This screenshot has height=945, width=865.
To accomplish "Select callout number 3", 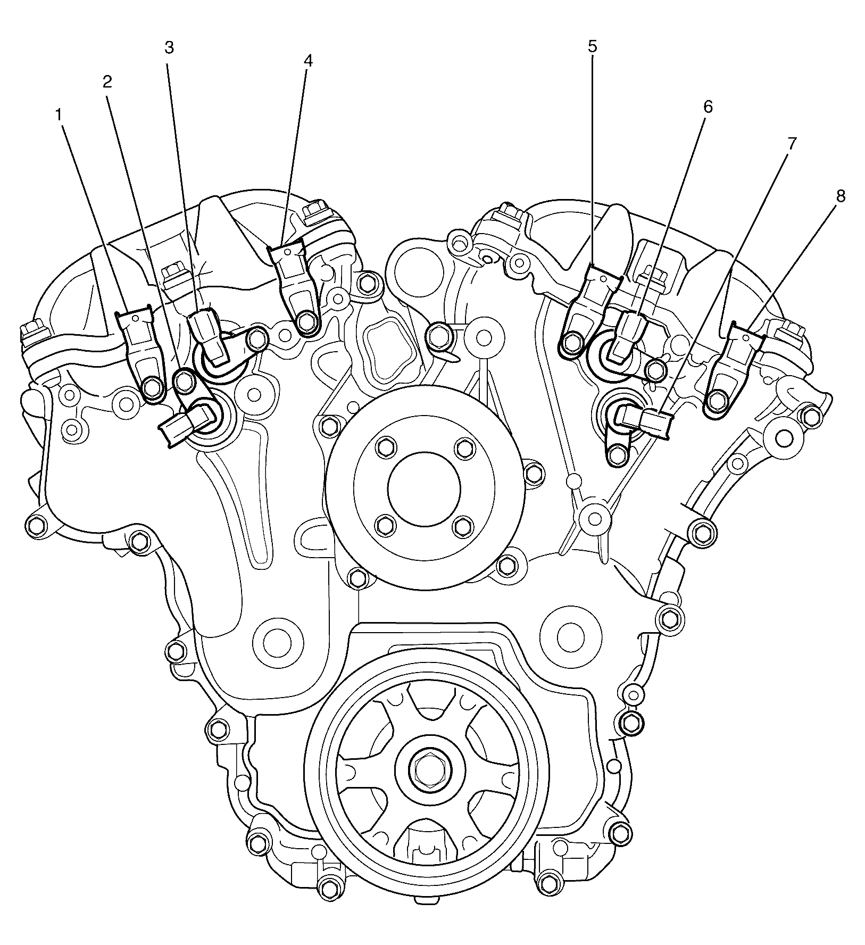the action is pyautogui.click(x=169, y=48).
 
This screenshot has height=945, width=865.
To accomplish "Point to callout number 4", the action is pyautogui.click(x=307, y=62).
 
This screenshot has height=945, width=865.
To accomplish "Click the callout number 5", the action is pyautogui.click(x=593, y=46).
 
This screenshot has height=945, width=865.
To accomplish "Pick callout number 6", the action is pyautogui.click(x=708, y=106).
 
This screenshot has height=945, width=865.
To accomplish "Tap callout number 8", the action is pyautogui.click(x=841, y=196).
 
